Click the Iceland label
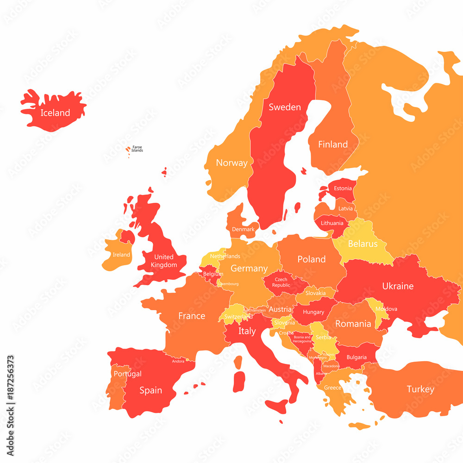pyautogui.click(x=55, y=113)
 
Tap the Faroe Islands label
pyautogui.click(x=138, y=149)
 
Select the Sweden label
pyautogui.click(x=285, y=107)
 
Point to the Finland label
pyautogui.click(x=332, y=144)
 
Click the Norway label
pyautogui.click(x=231, y=163)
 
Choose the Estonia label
pyautogui.click(x=343, y=188)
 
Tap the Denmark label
pyautogui.click(x=243, y=229)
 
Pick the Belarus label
pyautogui.click(x=363, y=244)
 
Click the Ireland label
pyautogui.click(x=121, y=255)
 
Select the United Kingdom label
pyautogui.click(x=163, y=261)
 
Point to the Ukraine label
pyautogui.click(x=398, y=286)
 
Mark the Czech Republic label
pyautogui.click(x=281, y=282)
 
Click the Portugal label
pyautogui.click(x=127, y=374)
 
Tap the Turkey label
pyautogui.click(x=420, y=389)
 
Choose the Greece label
pyautogui.click(x=332, y=388)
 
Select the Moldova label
pyautogui.click(x=386, y=309)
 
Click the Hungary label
pyautogui.click(x=313, y=312)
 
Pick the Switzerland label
pyautogui.click(x=238, y=317)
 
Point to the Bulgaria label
pyautogui.click(x=357, y=357)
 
